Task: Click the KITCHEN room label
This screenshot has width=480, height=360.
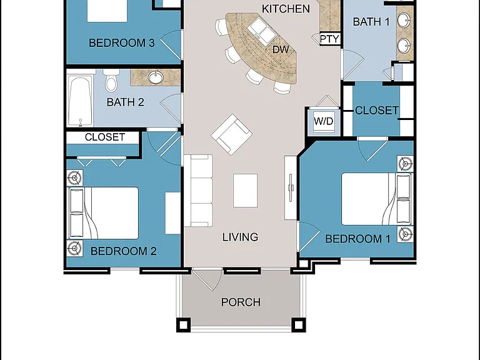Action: point(286,9)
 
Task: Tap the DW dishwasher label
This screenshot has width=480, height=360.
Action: point(281,49)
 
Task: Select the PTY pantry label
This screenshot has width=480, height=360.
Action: point(329,39)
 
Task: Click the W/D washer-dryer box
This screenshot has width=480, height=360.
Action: point(324,121)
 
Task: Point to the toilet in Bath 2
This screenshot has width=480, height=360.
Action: point(111,80)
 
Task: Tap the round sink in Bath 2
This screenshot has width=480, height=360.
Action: point(156,77)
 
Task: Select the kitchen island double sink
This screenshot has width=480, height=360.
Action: point(262,30)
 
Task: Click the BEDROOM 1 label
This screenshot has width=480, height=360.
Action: point(357,239)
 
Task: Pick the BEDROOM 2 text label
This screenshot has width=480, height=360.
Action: point(123,251)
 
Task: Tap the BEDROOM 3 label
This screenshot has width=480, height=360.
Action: point(121,43)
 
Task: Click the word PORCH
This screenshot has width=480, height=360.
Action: point(241,302)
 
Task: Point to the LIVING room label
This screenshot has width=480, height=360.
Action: point(240,237)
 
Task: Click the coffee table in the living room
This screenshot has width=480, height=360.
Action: point(245,191)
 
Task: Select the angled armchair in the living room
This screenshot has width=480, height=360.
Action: point(232,134)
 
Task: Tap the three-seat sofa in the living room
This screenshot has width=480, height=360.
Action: point(199,191)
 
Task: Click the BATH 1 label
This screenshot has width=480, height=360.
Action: point(371,22)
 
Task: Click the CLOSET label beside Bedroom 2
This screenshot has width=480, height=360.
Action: point(105,137)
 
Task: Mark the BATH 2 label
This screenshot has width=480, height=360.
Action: point(125,102)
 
